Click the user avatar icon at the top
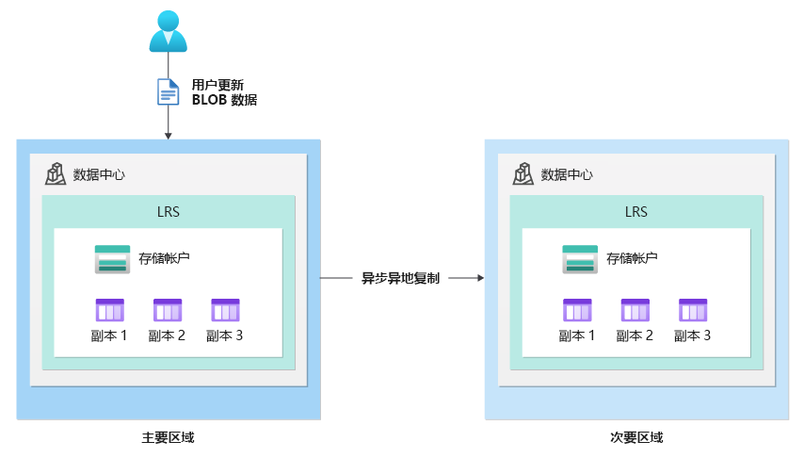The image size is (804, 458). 169,30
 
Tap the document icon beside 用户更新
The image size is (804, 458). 168,91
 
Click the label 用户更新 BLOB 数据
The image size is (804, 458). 224,91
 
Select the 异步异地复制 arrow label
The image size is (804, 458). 401,278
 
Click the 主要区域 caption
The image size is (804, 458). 169,437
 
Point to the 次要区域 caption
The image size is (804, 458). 636,437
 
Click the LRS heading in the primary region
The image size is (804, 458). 169,211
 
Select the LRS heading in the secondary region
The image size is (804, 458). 636,211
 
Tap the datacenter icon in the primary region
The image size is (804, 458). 56,173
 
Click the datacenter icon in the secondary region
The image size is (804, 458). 523,173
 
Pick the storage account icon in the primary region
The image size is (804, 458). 112,259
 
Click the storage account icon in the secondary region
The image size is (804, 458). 580,259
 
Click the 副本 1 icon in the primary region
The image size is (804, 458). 110,310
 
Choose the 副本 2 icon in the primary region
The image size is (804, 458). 168,310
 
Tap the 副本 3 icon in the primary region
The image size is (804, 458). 225,310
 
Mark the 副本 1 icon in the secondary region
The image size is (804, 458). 578,310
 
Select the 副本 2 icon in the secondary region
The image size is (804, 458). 635,310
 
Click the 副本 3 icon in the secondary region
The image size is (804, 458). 693,310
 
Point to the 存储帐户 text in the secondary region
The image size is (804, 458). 632,258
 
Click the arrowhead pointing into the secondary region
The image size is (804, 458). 479,278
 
